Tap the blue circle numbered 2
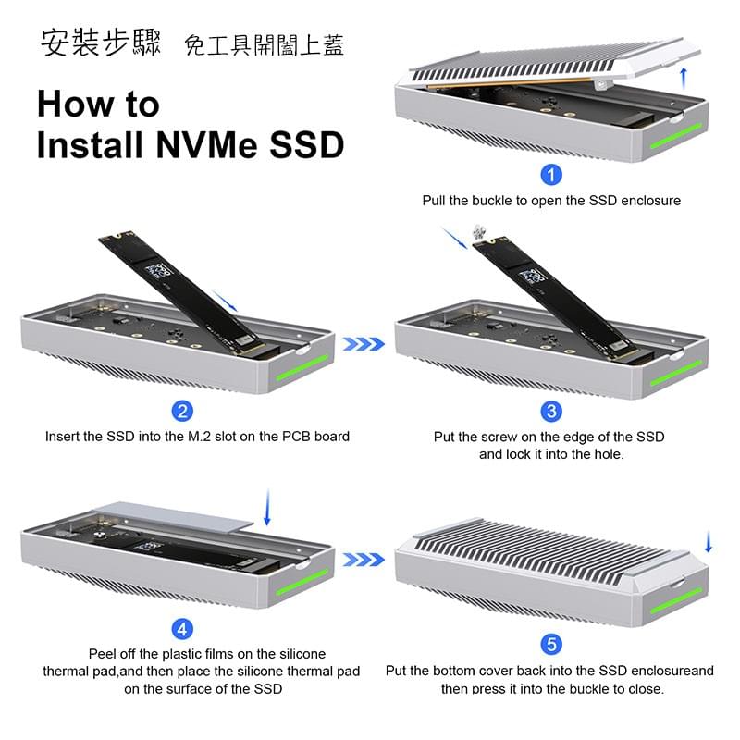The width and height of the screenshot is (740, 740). click(183, 412)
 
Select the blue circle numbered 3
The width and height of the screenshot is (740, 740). click(551, 412)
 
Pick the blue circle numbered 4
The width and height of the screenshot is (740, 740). click(183, 630)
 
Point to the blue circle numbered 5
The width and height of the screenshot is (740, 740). click(551, 644)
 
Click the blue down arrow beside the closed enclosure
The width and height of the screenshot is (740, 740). click(709, 543)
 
